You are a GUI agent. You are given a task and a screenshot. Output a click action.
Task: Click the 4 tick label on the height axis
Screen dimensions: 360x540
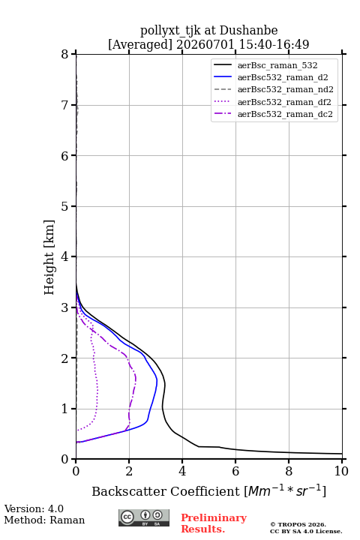coord(65,256)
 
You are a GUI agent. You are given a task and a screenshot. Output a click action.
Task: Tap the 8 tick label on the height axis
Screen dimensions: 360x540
coord(65,55)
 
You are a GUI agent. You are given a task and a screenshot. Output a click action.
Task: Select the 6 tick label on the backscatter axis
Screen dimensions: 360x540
coord(235,471)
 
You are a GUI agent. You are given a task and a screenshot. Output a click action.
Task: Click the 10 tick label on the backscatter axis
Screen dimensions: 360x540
coord(341,471)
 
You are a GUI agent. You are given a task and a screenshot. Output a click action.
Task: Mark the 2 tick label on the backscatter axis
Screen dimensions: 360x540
coord(129,471)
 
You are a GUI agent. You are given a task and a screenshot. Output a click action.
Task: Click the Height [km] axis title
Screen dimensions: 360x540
coord(49,257)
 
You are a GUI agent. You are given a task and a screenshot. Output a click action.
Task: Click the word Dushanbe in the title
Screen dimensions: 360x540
coord(248,31)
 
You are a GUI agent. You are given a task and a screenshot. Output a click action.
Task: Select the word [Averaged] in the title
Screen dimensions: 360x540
coord(140,44)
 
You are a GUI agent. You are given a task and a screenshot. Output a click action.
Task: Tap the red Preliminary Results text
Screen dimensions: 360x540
coord(214,523)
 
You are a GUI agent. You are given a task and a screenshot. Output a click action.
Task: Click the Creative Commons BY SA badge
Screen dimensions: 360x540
coord(144,517)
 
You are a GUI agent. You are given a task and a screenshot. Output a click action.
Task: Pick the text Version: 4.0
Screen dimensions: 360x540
coord(34,509)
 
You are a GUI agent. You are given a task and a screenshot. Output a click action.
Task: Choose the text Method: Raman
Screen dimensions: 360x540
coord(44,520)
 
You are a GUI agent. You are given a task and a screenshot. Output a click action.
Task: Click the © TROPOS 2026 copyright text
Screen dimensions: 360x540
coord(298,524)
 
